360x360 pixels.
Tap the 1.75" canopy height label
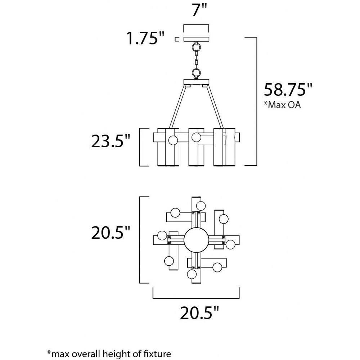(145, 39)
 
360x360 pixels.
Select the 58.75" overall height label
(288, 90)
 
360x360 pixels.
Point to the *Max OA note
(282, 105)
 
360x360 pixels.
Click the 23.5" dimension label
(111, 141)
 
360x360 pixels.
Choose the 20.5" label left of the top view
(111, 233)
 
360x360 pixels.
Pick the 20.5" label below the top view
(199, 313)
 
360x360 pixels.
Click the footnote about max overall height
(109, 354)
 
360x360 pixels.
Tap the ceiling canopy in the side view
(196, 39)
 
